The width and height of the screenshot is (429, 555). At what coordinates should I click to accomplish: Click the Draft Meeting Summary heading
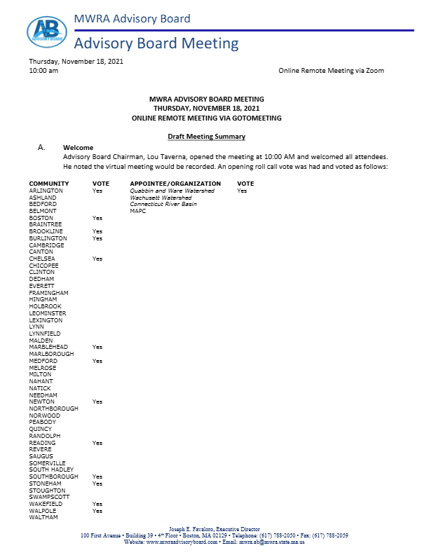206,136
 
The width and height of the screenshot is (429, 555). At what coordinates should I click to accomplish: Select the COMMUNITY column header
48,184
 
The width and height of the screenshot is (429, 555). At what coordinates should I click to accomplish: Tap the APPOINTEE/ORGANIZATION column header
172,184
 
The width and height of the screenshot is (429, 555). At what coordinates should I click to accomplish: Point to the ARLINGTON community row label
46,191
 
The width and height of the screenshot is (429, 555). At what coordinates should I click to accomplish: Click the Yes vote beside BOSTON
97,218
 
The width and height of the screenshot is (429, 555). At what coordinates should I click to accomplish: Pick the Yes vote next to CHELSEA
97,259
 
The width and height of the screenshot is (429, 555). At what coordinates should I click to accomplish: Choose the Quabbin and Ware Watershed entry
172,191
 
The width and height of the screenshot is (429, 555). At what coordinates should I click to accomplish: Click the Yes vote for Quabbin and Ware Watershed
242,191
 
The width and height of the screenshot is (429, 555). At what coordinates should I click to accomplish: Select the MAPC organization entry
138,211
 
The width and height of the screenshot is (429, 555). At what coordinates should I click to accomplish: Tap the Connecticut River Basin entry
163,204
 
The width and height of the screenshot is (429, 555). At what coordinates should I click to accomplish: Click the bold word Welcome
78,148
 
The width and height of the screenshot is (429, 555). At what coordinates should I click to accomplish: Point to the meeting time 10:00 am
43,71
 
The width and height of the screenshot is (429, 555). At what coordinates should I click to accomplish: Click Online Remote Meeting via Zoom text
331,71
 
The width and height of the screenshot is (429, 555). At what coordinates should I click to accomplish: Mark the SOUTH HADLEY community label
51,470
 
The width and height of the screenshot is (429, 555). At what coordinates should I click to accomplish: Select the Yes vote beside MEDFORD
97,361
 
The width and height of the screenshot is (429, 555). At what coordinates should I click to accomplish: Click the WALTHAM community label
43,517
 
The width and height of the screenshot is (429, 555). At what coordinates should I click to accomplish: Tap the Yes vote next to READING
97,443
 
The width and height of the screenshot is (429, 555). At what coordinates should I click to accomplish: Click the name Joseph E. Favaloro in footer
193,529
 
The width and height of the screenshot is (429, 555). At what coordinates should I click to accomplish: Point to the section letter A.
42,149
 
